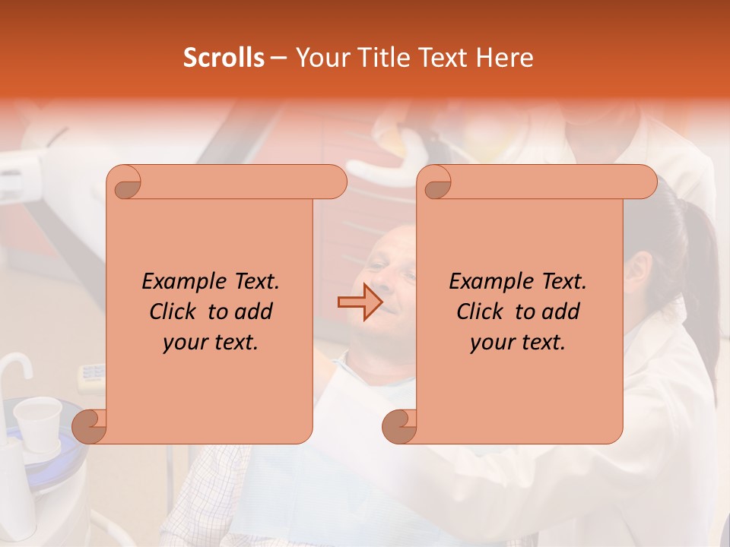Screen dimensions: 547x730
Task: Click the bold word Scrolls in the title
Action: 224,58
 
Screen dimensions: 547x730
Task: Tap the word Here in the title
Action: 504,58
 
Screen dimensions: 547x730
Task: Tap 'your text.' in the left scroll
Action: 211,342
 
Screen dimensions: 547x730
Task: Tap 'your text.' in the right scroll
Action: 518,342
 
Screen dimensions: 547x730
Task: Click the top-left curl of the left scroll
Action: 125,183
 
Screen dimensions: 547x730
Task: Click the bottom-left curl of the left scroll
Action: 89,425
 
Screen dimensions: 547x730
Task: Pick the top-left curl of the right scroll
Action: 436,183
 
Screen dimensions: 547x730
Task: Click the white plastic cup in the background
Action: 37,419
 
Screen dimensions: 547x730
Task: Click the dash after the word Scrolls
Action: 279,58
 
